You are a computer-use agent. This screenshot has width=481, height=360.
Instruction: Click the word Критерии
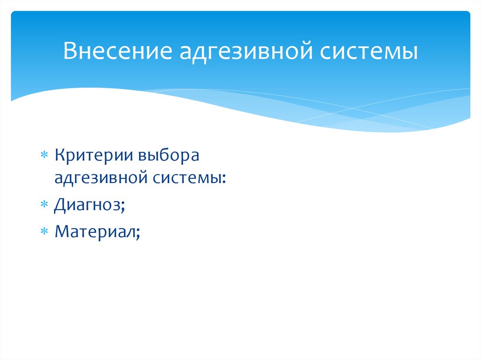tap(93, 155)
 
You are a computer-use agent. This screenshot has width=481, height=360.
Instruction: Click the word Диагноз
tap(87, 205)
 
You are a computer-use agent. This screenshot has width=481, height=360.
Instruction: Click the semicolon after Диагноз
tap(123, 207)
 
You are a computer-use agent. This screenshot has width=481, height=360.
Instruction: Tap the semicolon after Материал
tap(139, 233)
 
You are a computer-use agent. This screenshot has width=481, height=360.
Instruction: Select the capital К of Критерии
tap(60, 155)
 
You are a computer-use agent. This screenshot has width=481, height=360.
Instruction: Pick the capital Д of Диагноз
tap(61, 205)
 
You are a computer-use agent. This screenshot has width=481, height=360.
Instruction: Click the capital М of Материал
tap(62, 231)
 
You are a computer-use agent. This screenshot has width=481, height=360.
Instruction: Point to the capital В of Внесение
tap(70, 51)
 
